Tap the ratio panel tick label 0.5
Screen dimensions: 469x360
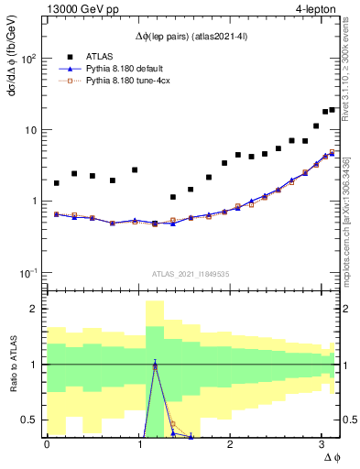[29, 420]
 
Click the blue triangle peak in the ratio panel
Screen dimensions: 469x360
[155, 364]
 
